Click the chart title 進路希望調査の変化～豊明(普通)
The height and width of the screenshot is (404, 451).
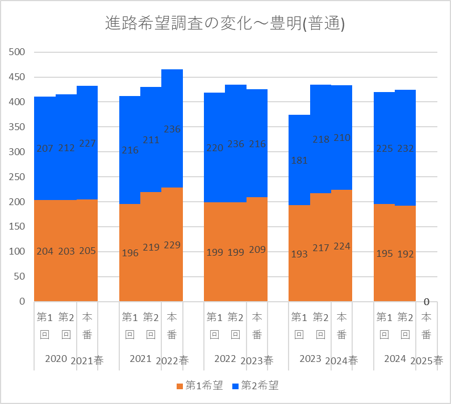click(x=225, y=23)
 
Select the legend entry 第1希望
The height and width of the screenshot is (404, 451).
click(x=201, y=386)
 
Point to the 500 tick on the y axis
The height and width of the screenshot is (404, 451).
click(x=19, y=52)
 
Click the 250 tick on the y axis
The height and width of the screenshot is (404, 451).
click(x=19, y=177)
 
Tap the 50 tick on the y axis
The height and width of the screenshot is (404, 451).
click(x=22, y=276)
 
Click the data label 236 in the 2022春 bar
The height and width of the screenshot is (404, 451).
click(x=172, y=130)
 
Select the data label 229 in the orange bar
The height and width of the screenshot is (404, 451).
click(x=172, y=245)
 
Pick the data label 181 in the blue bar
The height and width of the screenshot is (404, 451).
click(x=299, y=160)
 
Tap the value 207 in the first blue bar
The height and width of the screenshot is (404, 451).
click(x=45, y=149)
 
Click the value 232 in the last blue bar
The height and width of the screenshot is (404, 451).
click(x=406, y=149)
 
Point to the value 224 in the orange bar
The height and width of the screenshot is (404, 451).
click(x=342, y=246)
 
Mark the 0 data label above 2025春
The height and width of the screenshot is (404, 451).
click(x=426, y=302)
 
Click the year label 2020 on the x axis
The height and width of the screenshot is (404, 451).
click(x=56, y=359)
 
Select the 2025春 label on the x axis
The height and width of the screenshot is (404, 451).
click(x=427, y=361)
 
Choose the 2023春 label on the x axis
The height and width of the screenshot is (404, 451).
click(x=257, y=361)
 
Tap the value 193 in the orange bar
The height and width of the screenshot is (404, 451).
click(x=299, y=253)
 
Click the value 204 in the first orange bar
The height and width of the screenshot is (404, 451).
click(x=45, y=251)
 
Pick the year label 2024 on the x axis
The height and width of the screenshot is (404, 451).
click(x=395, y=359)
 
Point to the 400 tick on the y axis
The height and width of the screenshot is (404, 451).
click(x=19, y=102)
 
